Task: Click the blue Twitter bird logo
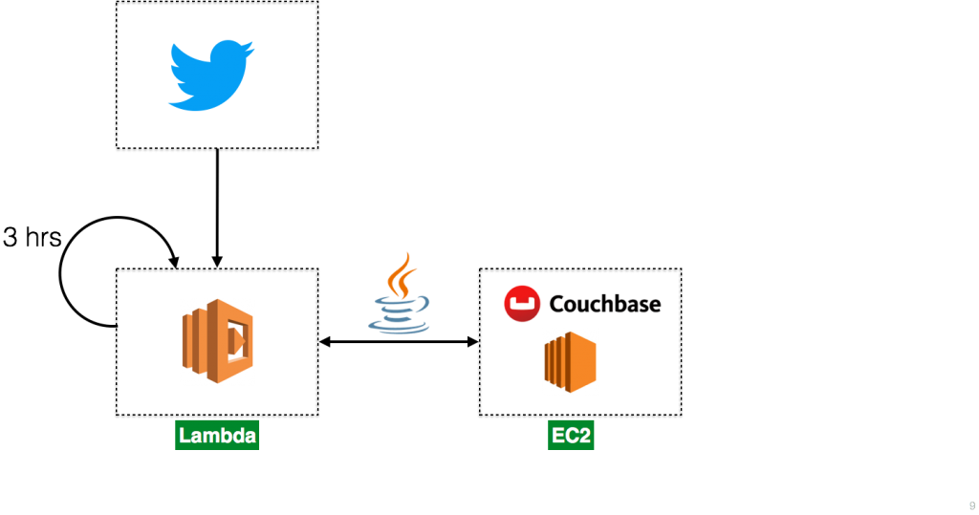click(x=211, y=75)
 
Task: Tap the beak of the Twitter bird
click(x=250, y=49)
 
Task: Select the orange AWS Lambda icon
click(x=218, y=341)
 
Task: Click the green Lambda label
click(x=217, y=435)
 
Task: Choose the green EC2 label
click(x=571, y=435)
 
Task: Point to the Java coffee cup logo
click(x=399, y=292)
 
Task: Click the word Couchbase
click(x=605, y=304)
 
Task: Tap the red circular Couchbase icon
click(x=522, y=304)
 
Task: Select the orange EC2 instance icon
click(x=570, y=362)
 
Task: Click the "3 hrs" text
click(x=32, y=237)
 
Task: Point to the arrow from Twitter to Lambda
click(x=217, y=208)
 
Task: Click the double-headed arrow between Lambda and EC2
click(x=399, y=341)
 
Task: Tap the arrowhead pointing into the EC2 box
click(x=473, y=341)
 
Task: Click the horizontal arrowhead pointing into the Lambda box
click(x=325, y=341)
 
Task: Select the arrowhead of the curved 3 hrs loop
click(x=174, y=262)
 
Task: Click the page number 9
click(x=972, y=506)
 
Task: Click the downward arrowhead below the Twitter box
click(x=217, y=262)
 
